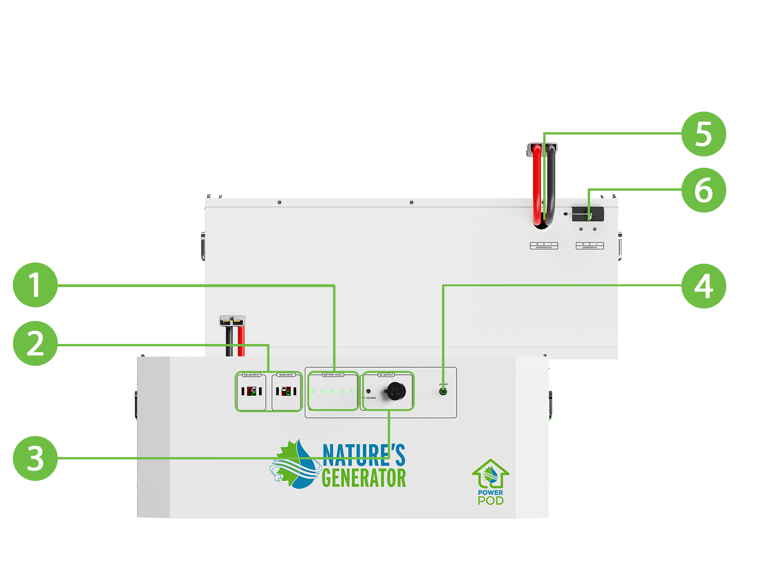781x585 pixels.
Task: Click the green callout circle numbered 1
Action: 35,285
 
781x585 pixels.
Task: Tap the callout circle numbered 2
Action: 35,344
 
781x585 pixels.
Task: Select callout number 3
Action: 35,458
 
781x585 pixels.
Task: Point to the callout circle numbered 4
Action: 704,286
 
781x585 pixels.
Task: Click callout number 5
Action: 704,134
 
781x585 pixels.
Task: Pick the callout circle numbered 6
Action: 704,190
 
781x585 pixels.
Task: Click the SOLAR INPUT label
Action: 251,375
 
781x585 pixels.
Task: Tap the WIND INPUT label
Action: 286,375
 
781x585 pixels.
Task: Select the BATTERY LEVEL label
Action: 333,375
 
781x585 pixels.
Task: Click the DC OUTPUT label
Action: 386,375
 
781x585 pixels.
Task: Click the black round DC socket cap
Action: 396,391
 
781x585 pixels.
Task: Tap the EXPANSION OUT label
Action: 544,247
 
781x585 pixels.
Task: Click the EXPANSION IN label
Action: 590,247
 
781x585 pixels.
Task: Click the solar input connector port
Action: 251,391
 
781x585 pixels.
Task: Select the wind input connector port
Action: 286,391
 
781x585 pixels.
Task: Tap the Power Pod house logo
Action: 490,474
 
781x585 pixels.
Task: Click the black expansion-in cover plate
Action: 588,214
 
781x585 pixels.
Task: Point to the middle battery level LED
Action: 333,391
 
